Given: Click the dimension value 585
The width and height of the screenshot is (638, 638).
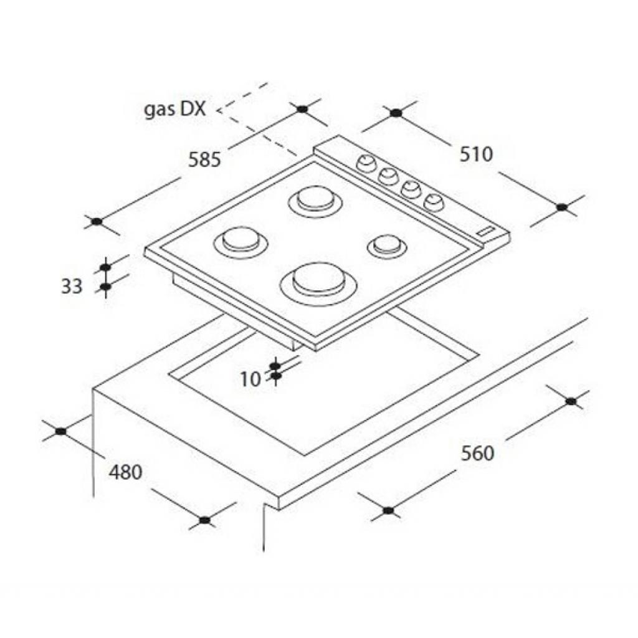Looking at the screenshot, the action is [x=204, y=159].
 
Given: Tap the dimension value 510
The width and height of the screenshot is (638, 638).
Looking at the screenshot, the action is [x=476, y=155].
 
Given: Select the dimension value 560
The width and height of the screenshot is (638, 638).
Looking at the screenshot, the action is [x=477, y=453].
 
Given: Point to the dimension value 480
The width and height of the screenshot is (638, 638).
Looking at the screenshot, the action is [x=126, y=472].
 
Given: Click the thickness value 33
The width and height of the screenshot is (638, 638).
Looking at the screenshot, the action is [x=72, y=286].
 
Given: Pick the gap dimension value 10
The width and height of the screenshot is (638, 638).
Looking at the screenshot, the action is [x=250, y=379].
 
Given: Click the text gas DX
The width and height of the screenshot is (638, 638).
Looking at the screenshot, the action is [x=175, y=110].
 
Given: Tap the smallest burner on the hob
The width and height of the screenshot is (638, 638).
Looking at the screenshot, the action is [x=387, y=245].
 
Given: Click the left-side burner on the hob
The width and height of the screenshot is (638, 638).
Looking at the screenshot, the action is [x=240, y=243].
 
